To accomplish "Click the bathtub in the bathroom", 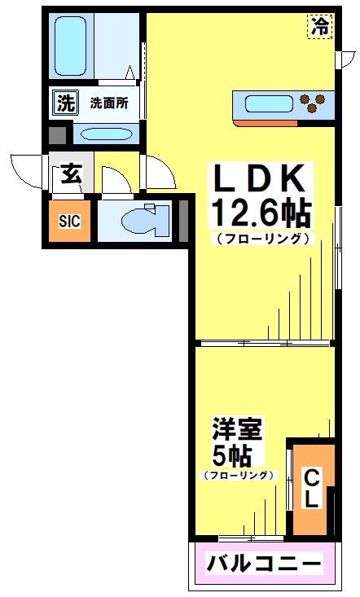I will [72, 40].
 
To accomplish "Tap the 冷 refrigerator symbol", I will [320, 26].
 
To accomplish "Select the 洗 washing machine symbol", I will [63, 103].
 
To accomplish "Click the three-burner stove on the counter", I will [314, 103].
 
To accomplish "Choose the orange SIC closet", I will [68, 220].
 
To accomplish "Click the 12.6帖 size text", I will [261, 214].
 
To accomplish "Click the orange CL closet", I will [312, 486].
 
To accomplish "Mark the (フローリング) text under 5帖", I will [238, 475].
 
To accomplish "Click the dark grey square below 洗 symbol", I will [58, 134].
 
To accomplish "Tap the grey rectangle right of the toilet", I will [182, 218].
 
